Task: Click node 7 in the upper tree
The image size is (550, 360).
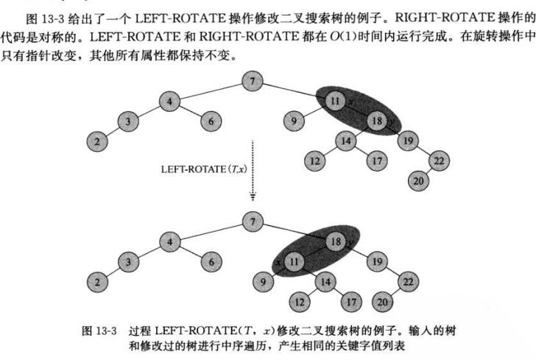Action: pyautogui.click(x=253, y=81)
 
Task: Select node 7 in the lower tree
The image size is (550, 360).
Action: pyautogui.click(x=253, y=220)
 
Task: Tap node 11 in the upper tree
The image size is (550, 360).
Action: pyautogui.click(x=335, y=100)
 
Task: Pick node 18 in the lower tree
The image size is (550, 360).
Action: pyautogui.click(x=335, y=240)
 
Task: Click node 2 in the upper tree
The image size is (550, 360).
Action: pyautogui.click(x=97, y=141)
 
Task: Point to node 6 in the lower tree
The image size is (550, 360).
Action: pyautogui.click(x=211, y=261)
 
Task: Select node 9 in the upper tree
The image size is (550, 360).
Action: pyautogui.click(x=294, y=120)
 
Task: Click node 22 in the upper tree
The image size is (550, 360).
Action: pyautogui.click(x=437, y=161)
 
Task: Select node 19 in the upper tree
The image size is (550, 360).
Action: pyautogui.click(x=406, y=140)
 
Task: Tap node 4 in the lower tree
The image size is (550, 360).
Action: pyautogui.click(x=169, y=241)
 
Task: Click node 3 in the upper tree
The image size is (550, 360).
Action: pyautogui.click(x=129, y=121)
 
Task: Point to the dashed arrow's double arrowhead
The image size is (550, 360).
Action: pyautogui.click(x=253, y=197)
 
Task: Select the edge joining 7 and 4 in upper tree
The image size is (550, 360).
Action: pyautogui.click(x=211, y=91)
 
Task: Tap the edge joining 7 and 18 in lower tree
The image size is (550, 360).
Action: pyautogui.click(x=294, y=230)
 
